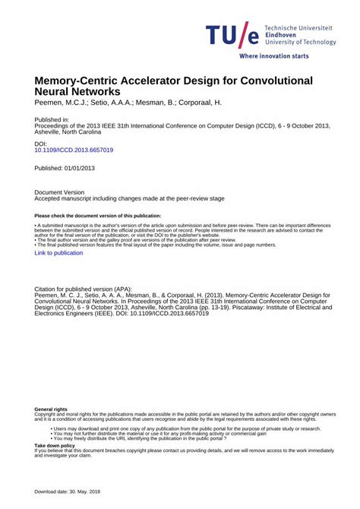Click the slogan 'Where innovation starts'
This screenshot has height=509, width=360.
(274, 56)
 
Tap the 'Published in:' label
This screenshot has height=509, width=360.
(52, 119)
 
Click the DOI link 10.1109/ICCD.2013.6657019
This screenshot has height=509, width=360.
(74, 150)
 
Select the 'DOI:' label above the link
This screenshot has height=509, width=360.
(42, 144)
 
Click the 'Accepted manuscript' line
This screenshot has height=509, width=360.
(130, 198)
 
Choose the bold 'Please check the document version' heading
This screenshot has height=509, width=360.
(98, 217)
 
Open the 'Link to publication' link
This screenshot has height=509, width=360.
(58, 253)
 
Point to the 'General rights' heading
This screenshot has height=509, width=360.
(51, 409)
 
